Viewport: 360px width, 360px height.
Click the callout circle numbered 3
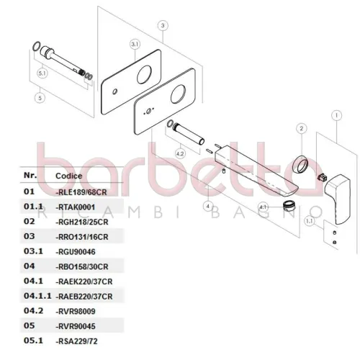pyautogui.click(x=163, y=25)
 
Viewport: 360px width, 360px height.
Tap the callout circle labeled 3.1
pyautogui.click(x=135, y=44)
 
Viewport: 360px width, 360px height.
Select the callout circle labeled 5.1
pyautogui.click(x=42, y=73)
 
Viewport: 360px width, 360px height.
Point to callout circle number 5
pyautogui.click(x=40, y=98)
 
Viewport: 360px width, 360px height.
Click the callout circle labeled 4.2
pyautogui.click(x=180, y=153)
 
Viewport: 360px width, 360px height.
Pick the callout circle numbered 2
pyautogui.click(x=302, y=128)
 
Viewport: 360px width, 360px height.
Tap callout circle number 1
pyautogui.click(x=336, y=115)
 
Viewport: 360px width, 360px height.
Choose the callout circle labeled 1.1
pyautogui.click(x=310, y=221)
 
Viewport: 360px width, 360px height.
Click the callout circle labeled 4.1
pyautogui.click(x=263, y=207)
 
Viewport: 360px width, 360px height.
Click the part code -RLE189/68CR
pyautogui.click(x=81, y=192)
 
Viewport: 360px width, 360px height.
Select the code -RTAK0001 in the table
pyautogui.click(x=76, y=207)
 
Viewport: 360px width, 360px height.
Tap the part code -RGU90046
pyautogui.click(x=76, y=252)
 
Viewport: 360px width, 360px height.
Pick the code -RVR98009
pyautogui.click(x=76, y=311)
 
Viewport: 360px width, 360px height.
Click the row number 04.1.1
pyautogui.click(x=37, y=296)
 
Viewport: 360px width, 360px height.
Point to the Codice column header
pyautogui.click(x=69, y=176)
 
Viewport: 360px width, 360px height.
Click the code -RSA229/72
pyautogui.click(x=76, y=341)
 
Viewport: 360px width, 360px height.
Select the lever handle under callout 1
pyautogui.click(x=338, y=199)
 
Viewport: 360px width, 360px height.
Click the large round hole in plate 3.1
pyautogui.click(x=144, y=74)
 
